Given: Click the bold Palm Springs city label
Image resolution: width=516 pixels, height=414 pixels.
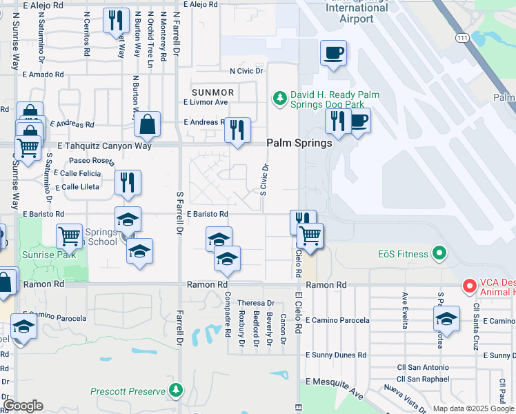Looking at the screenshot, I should (x=299, y=144).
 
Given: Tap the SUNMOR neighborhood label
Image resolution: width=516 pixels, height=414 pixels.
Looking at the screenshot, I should (x=213, y=92).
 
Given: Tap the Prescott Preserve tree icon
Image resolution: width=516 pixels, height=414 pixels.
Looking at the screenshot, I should (x=177, y=391).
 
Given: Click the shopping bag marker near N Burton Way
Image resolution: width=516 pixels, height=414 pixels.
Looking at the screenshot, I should (x=148, y=124).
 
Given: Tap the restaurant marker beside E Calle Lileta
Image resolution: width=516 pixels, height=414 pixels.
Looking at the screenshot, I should (x=128, y=183).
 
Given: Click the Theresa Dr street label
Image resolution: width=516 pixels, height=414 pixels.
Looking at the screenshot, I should (x=256, y=303).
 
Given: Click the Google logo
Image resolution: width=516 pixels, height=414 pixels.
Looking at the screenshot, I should (x=23, y=406).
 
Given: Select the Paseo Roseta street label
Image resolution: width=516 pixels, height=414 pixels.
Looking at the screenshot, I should (x=90, y=161).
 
